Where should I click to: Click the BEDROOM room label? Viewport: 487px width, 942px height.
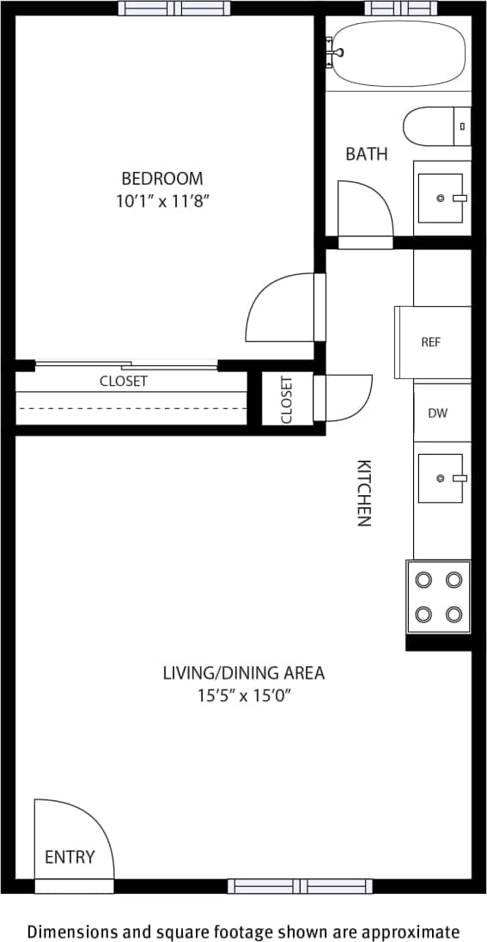pyautogui.click(x=162, y=179)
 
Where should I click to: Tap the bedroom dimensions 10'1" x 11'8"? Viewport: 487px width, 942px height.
pyautogui.click(x=162, y=202)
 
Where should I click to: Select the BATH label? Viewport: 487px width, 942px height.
pyautogui.click(x=367, y=155)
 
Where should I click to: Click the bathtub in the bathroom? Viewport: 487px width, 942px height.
pyautogui.click(x=399, y=54)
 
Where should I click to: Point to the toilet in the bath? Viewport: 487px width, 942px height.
pyautogui.click(x=434, y=126)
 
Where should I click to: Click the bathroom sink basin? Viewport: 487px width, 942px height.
pyautogui.click(x=441, y=199)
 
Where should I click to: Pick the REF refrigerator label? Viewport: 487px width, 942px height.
pyautogui.click(x=431, y=342)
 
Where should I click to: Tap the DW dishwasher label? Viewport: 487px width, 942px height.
pyautogui.click(x=437, y=413)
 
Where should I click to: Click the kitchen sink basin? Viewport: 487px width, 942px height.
pyautogui.click(x=441, y=478)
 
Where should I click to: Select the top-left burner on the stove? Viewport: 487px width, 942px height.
pyautogui.click(x=423, y=580)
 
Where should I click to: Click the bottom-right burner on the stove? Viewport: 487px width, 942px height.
pyautogui.click(x=454, y=614)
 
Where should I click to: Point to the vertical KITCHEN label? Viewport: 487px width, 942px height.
pyautogui.click(x=364, y=493)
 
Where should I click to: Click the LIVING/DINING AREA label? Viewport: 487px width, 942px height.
pyautogui.click(x=244, y=673)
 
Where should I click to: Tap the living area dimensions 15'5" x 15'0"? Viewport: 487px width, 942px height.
pyautogui.click(x=244, y=696)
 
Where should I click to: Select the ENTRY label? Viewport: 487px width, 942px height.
pyautogui.click(x=70, y=857)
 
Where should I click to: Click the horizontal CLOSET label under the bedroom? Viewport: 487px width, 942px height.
pyautogui.click(x=124, y=382)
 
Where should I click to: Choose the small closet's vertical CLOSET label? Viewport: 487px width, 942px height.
pyautogui.click(x=286, y=400)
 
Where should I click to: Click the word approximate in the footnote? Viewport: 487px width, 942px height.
pyautogui.click(x=411, y=932)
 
